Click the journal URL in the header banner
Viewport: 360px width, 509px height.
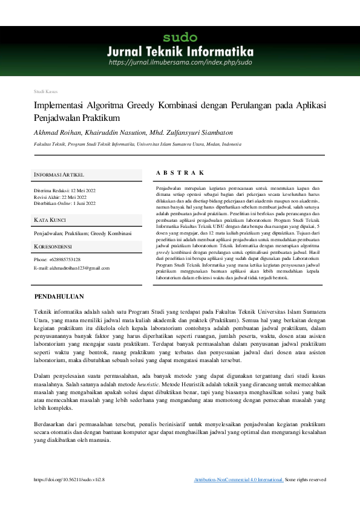point(180,62)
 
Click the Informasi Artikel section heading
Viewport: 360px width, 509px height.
point(59,175)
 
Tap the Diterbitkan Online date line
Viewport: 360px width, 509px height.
point(65,204)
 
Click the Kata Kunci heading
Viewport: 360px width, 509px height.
point(50,219)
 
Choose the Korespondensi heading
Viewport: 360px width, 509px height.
point(53,247)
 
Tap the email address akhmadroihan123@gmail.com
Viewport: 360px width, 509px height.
point(71,267)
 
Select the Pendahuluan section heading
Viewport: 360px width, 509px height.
point(59,297)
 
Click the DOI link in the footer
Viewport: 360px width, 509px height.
point(70,479)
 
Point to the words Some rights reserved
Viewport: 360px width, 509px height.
point(306,479)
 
